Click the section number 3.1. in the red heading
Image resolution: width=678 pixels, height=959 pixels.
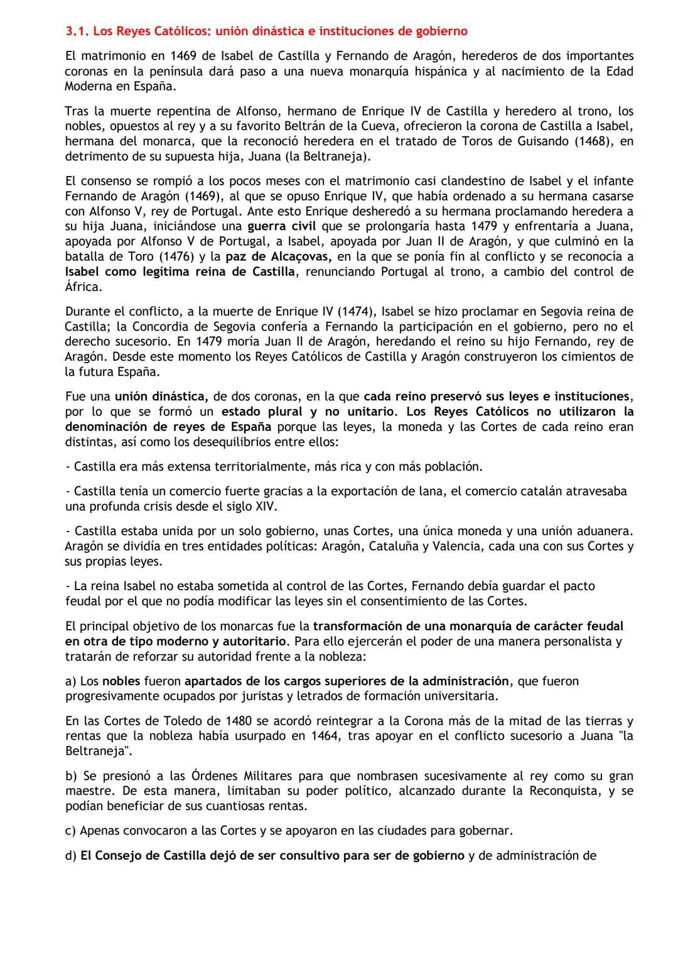tap(77, 31)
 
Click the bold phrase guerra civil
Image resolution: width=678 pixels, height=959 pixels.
tap(282, 226)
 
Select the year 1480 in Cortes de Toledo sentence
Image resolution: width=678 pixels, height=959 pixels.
tap(227, 721)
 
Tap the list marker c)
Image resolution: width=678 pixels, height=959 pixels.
tap(71, 831)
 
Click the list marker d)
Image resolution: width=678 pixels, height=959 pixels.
tap(71, 856)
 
